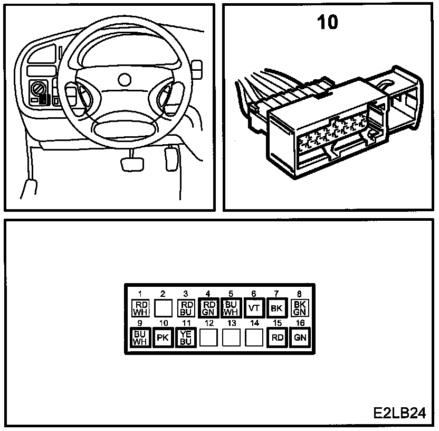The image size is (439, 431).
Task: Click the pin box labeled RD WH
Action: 141,307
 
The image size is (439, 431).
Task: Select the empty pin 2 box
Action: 164,307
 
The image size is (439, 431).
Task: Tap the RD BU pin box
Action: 186,307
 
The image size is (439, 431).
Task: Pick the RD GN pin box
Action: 209,307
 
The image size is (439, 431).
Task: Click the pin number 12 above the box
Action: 209,323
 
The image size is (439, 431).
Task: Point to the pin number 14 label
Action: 254,323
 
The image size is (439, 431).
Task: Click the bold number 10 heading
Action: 327,23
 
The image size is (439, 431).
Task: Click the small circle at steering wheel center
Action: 125,80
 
